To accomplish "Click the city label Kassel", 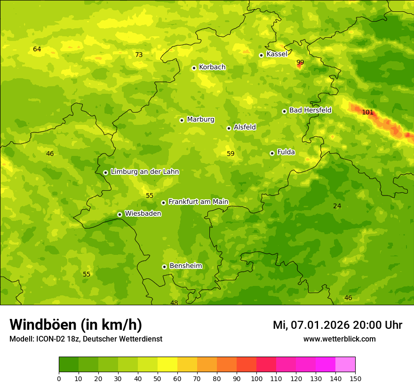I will coord(277,54).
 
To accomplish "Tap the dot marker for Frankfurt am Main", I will coord(163,203).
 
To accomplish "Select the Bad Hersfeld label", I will coord(310,110).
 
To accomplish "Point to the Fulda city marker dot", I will coord(272,153).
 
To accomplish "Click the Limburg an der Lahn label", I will coord(144,172).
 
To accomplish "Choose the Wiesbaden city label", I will coord(143,213).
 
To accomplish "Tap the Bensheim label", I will coord(185,266).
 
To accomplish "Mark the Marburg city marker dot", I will coord(182,120).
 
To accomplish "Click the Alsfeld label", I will coord(245,127).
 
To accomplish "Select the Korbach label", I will coord(212,67).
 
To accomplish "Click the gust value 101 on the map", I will coord(367,112).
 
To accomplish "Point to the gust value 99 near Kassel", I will coord(300,62).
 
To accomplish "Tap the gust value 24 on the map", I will coord(337,206).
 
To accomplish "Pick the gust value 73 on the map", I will coord(139,55).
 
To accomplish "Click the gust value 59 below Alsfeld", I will coord(231,154).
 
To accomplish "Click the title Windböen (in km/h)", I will coord(76,325).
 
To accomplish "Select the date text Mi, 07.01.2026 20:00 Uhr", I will coord(337,325).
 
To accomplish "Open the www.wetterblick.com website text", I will coord(339,339).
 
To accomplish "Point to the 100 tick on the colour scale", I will coord(256,378).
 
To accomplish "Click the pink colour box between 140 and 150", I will coord(345,365).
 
